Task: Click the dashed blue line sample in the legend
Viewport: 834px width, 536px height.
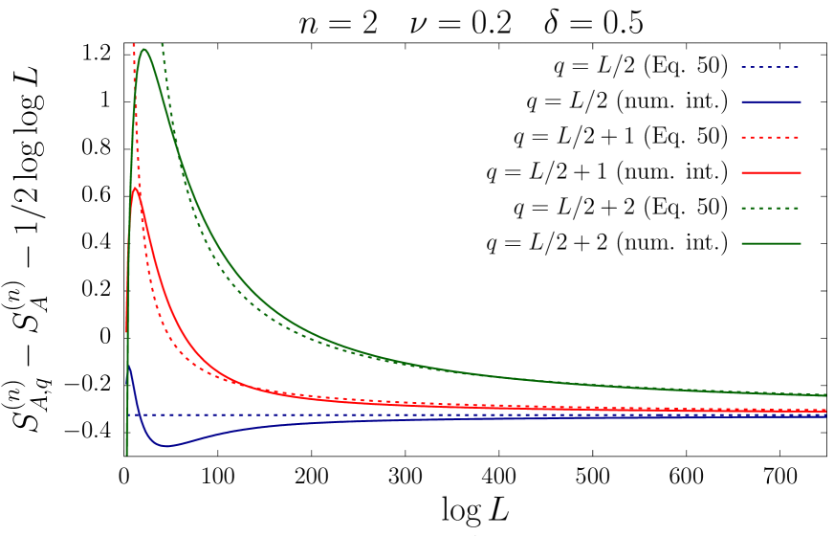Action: pyautogui.click(x=770, y=67)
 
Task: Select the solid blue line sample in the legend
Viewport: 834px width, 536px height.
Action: pyautogui.click(x=770, y=101)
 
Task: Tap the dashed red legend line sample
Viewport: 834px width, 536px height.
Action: pyautogui.click(x=770, y=137)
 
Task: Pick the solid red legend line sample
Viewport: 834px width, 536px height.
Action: pyautogui.click(x=770, y=172)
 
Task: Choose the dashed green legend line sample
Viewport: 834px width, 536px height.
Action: pyautogui.click(x=770, y=208)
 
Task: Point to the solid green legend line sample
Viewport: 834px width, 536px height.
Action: pyautogui.click(x=770, y=243)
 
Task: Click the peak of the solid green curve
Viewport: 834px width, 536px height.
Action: pyautogui.click(x=144, y=50)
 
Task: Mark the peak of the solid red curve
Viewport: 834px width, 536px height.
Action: pyautogui.click(x=136, y=189)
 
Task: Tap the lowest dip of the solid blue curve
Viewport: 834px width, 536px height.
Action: pyautogui.click(x=165, y=446)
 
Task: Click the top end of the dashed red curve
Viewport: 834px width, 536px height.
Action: pyautogui.click(x=134, y=44)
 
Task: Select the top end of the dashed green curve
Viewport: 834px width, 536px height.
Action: pyautogui.click(x=163, y=44)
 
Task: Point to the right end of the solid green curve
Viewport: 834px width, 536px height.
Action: pyautogui.click(x=825, y=395)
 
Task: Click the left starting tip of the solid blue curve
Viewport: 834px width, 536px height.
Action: pyautogui.click(x=128, y=365)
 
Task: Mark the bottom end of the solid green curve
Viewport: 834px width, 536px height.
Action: pyautogui.click(x=127, y=454)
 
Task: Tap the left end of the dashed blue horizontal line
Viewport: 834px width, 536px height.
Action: pyautogui.click(x=128, y=414)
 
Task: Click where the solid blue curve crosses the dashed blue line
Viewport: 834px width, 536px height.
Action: pyautogui.click(x=139, y=414)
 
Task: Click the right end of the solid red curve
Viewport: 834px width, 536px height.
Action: pyautogui.click(x=825, y=412)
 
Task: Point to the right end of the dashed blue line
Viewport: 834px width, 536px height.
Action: pyautogui.click(x=825, y=414)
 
